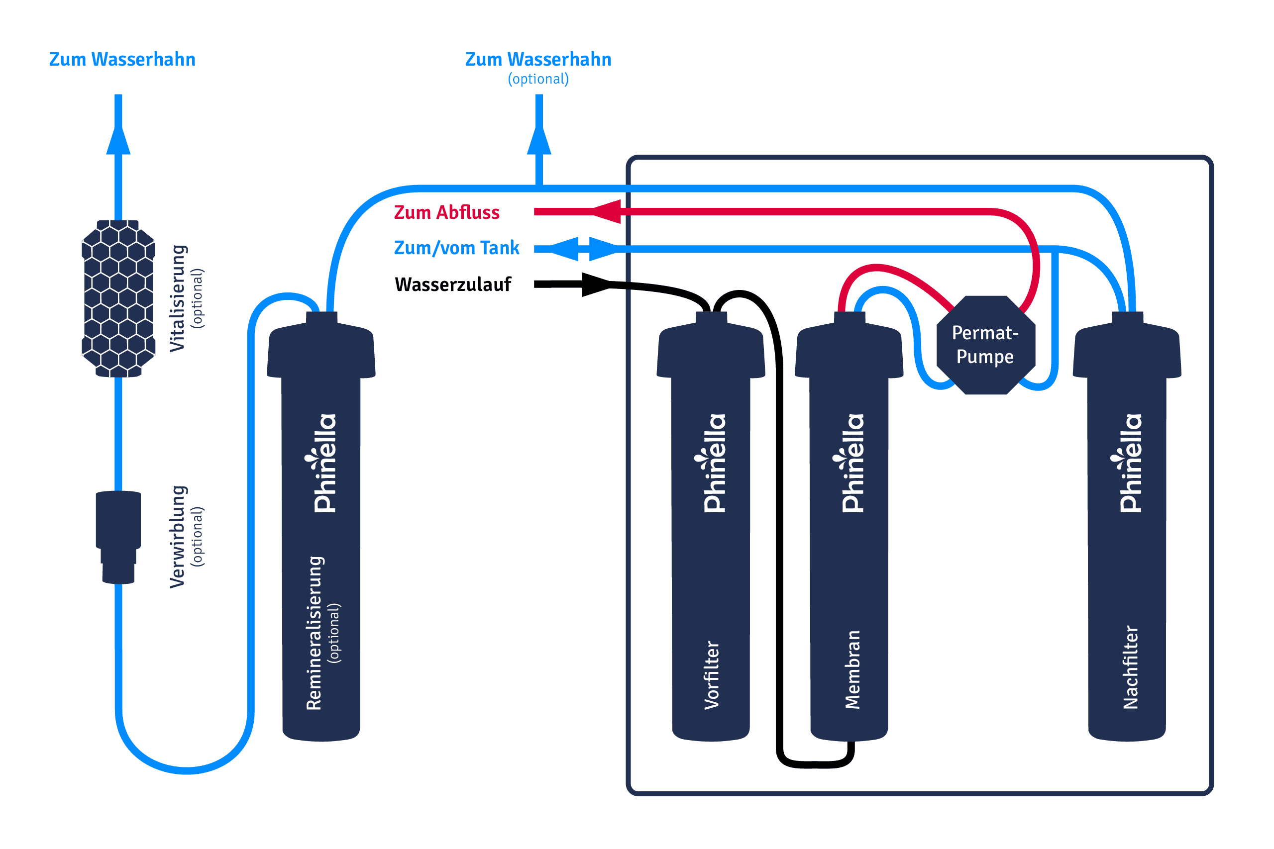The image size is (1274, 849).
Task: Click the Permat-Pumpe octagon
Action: point(986,345)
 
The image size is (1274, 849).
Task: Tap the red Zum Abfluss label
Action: point(446,212)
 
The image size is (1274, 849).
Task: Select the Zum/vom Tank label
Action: point(456,248)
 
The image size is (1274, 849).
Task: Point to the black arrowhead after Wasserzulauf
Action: point(595,284)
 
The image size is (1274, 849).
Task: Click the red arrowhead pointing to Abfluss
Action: point(607,211)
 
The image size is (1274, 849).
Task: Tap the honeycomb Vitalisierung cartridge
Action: point(118,298)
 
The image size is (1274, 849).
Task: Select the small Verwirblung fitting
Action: point(118,536)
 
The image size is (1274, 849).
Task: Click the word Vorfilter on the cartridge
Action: point(712,675)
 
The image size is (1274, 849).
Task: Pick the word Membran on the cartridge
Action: point(852,670)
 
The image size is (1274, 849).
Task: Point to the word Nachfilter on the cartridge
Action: point(1131,667)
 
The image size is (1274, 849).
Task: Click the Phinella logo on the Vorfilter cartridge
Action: point(714,464)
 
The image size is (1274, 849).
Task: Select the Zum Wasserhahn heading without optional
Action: point(122,59)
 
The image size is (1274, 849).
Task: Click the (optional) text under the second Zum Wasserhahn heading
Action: point(538,79)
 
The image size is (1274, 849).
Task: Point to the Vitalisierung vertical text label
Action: point(178,298)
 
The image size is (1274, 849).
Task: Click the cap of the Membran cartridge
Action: point(849,349)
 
